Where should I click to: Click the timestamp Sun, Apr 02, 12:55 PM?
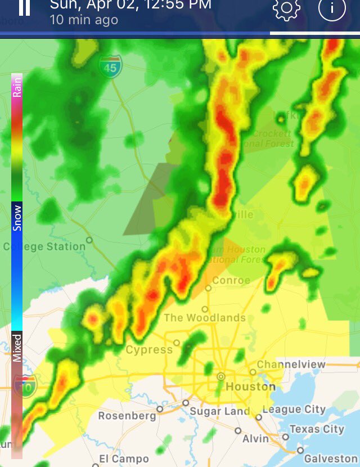130,5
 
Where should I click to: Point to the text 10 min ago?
84,20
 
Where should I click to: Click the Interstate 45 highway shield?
110,67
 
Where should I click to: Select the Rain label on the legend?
17,88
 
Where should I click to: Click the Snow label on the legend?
17,218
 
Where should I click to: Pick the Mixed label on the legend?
17,348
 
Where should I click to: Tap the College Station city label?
44,246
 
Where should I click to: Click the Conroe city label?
231,280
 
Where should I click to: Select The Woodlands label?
205,318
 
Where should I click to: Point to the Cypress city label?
149,350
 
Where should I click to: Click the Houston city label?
250,387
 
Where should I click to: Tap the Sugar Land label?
219,411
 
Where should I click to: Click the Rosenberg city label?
127,416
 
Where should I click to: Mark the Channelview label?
291,365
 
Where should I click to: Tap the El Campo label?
124,459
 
